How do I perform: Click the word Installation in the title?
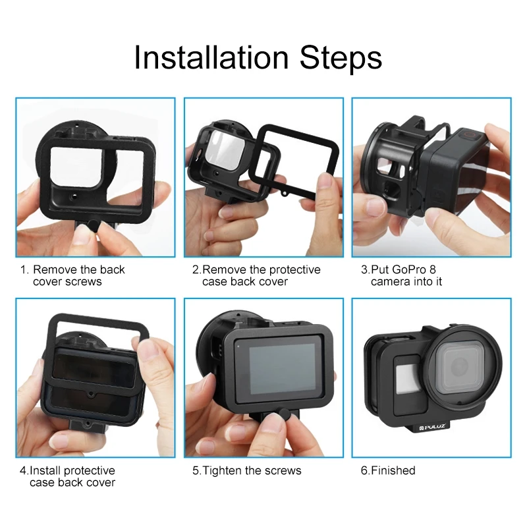tap(211, 57)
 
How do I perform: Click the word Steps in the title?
tap(341, 58)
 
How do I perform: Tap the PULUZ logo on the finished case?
tap(432, 427)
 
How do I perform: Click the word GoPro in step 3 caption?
tap(408, 269)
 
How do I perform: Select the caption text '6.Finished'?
tap(388, 470)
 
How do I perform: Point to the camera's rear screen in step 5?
tap(282, 369)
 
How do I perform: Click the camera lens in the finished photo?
tap(460, 366)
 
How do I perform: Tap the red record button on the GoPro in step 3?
tap(469, 135)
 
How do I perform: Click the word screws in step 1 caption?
tap(84, 282)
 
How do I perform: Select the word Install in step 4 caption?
tap(45, 470)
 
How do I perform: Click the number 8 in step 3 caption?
tap(433, 269)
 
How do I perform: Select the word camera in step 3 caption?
tap(390, 282)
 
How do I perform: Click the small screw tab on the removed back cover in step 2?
tap(285, 193)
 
